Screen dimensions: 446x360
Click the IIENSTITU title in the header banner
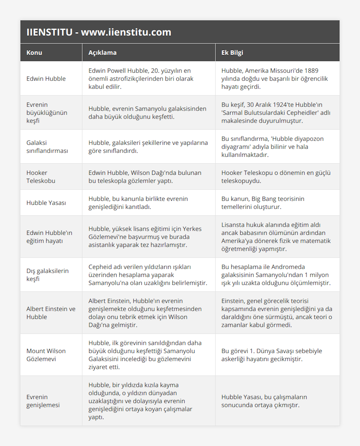click(x=99, y=32)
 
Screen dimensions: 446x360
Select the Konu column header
click(x=34, y=53)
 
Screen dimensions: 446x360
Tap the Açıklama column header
click(x=102, y=53)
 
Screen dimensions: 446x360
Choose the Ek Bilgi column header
click(x=232, y=53)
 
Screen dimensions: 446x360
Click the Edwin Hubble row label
click(x=46, y=79)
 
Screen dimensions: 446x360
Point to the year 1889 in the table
click(x=311, y=71)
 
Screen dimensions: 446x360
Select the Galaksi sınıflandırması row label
click(x=47, y=147)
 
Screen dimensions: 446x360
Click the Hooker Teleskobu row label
click(x=41, y=177)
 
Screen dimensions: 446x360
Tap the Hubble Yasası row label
click(x=46, y=203)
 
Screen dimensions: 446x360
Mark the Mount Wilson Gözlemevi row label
click(x=46, y=355)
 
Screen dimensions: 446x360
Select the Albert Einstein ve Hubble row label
click(x=51, y=313)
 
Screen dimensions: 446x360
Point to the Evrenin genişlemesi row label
click(x=43, y=401)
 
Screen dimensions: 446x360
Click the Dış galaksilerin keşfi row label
click(x=47, y=275)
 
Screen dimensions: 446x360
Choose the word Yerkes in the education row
click(x=192, y=229)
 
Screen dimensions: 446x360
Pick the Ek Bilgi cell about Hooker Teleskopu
click(x=276, y=177)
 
